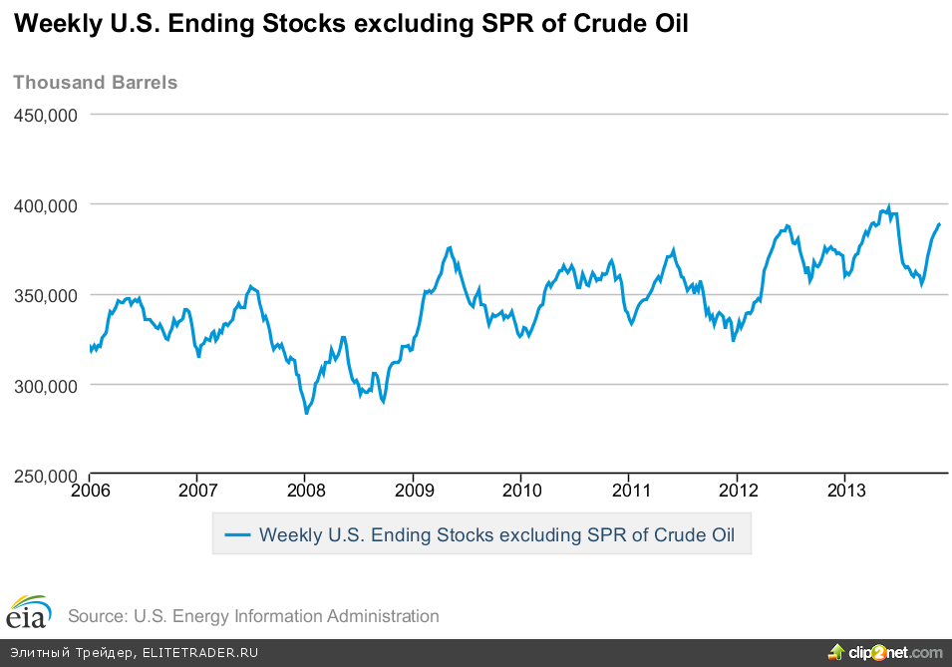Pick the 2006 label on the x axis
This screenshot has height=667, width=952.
90,491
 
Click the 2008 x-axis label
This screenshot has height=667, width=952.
306,491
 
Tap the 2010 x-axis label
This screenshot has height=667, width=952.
521,491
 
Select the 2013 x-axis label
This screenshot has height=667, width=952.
845,491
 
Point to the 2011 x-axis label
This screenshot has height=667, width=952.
629,491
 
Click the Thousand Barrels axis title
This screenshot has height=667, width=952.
96,82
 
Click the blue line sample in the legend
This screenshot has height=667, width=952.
237,534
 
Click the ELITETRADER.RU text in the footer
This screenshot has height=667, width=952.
200,653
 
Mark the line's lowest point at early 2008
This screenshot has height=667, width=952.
307,413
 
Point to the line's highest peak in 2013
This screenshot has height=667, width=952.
888,207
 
